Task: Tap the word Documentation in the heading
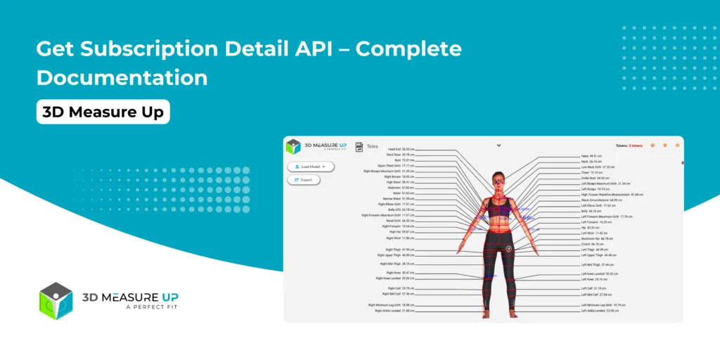coord(122,77)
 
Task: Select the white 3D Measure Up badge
coord(103,112)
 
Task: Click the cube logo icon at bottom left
coord(56,301)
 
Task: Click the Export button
coord(304,180)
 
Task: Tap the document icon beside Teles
coord(359,146)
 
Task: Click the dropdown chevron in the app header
coord(499,146)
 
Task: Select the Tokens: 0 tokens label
coord(630,146)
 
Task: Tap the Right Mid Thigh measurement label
coord(397,264)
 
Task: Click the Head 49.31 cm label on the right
coord(591,156)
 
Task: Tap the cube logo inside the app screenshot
coord(293,146)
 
